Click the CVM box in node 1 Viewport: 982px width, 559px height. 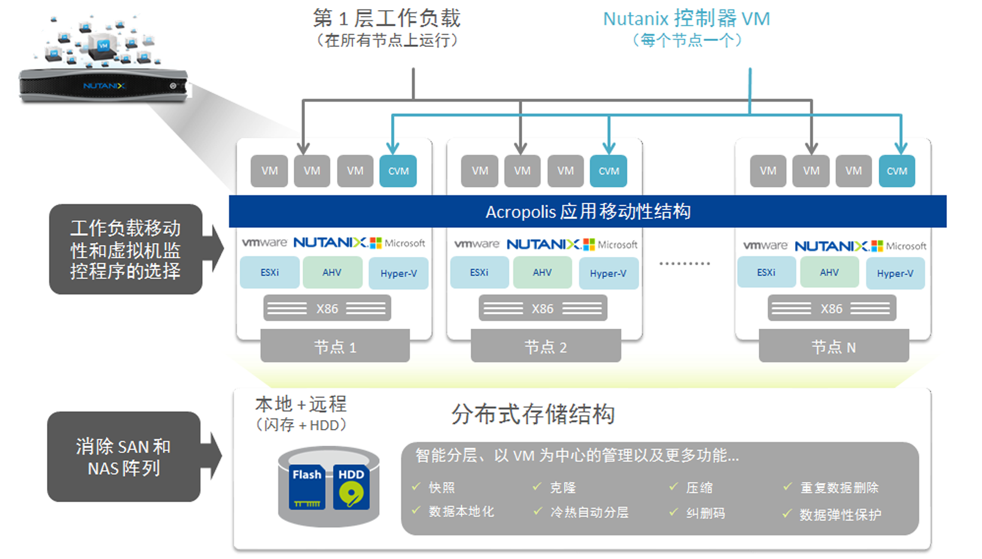(398, 171)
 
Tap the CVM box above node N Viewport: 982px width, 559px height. (897, 171)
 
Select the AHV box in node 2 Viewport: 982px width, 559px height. (542, 272)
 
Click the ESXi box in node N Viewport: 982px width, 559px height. (766, 272)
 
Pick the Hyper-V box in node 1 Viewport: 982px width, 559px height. (399, 274)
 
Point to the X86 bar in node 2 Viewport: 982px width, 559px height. (542, 309)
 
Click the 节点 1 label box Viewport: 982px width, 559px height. (335, 347)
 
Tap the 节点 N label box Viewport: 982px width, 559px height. (834, 347)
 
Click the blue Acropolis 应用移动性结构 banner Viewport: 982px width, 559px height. (587, 211)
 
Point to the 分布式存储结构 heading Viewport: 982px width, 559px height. (532, 414)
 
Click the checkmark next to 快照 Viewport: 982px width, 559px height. (417, 487)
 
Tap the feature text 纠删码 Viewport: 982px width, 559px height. (705, 513)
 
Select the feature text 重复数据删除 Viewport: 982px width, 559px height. (839, 488)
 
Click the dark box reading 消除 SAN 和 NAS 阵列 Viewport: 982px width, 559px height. (123, 457)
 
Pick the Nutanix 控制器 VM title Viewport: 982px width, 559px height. (687, 19)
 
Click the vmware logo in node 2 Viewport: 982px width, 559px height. (476, 244)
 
